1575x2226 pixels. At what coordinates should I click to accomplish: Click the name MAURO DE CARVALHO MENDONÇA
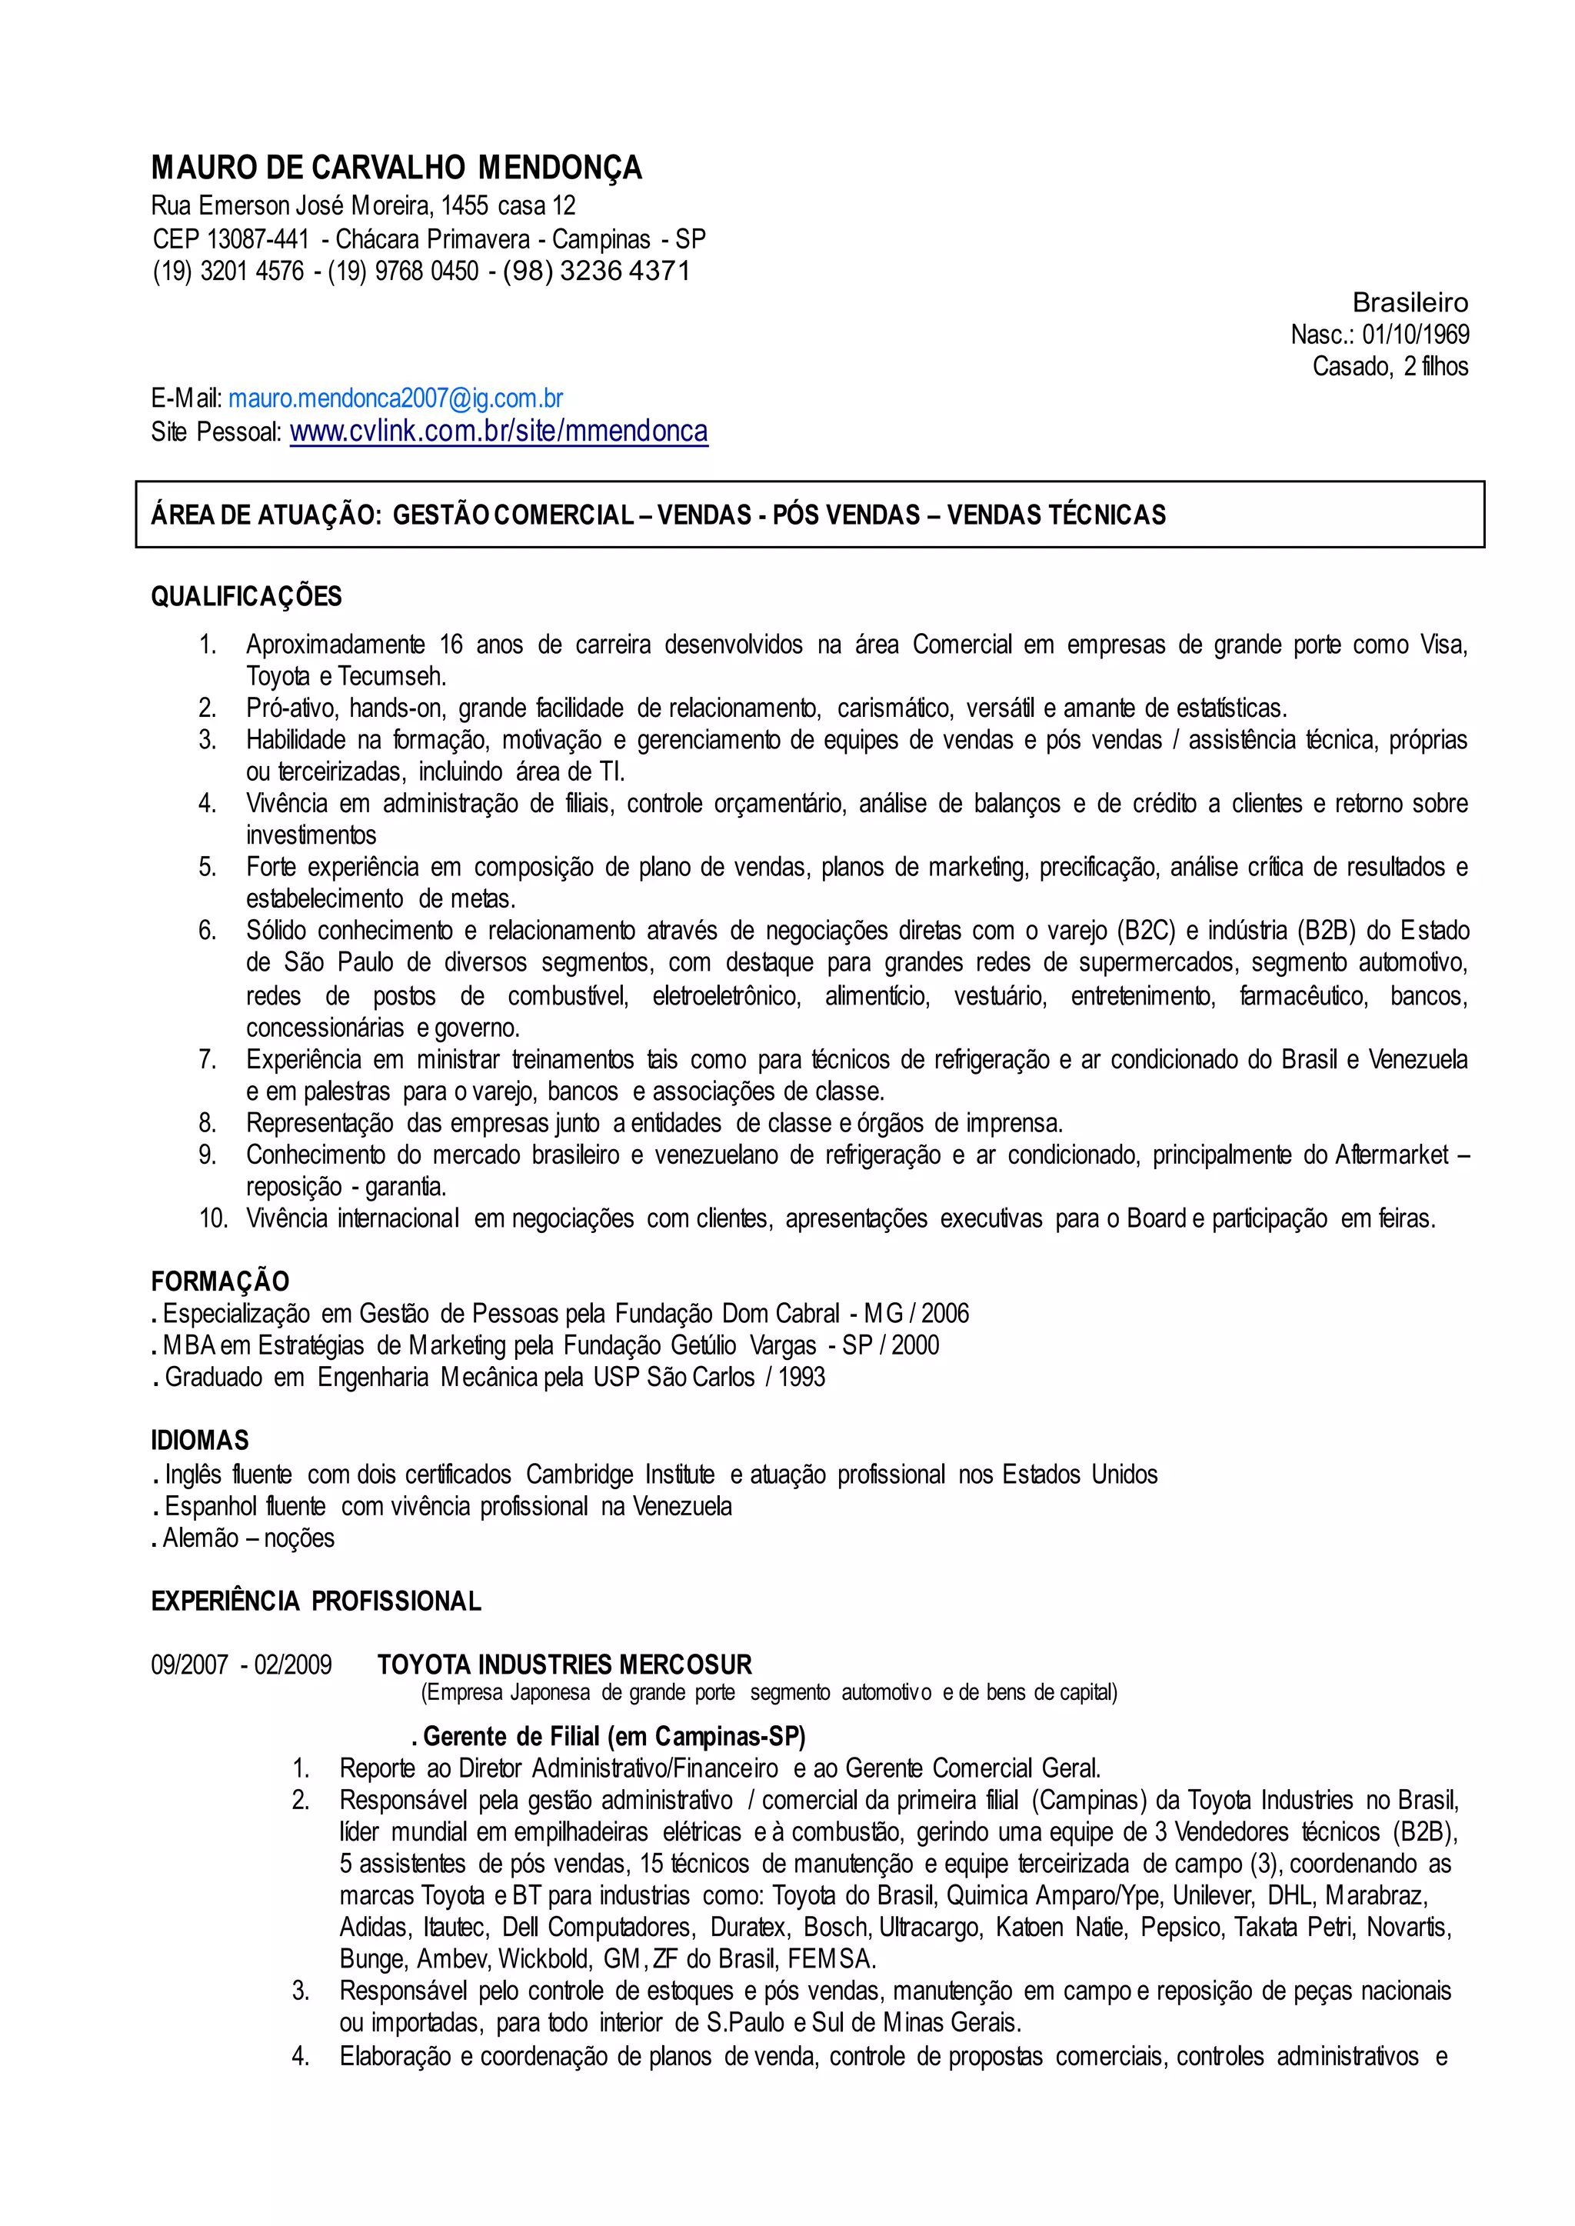click(396, 168)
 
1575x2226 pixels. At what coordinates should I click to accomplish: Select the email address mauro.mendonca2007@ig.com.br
click(396, 398)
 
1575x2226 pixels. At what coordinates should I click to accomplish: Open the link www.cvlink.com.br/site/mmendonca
click(498, 431)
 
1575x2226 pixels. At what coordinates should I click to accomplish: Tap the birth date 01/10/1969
click(1415, 335)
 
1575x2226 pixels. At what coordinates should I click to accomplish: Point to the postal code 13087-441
click(257, 238)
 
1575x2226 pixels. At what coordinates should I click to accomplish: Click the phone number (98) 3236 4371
click(595, 271)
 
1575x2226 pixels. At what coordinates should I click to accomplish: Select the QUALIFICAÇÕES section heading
click(246, 597)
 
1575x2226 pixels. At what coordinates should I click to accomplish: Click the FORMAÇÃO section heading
click(220, 1281)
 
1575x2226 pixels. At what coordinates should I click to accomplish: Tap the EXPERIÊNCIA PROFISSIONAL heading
click(316, 1601)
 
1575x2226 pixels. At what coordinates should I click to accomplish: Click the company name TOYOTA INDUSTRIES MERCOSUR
click(564, 1665)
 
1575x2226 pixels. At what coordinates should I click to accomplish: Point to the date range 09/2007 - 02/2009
click(241, 1665)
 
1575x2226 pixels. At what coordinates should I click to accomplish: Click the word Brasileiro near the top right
click(1410, 302)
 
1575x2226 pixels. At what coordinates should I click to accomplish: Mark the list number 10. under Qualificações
click(213, 1218)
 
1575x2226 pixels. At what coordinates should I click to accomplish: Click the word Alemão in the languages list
click(201, 1538)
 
